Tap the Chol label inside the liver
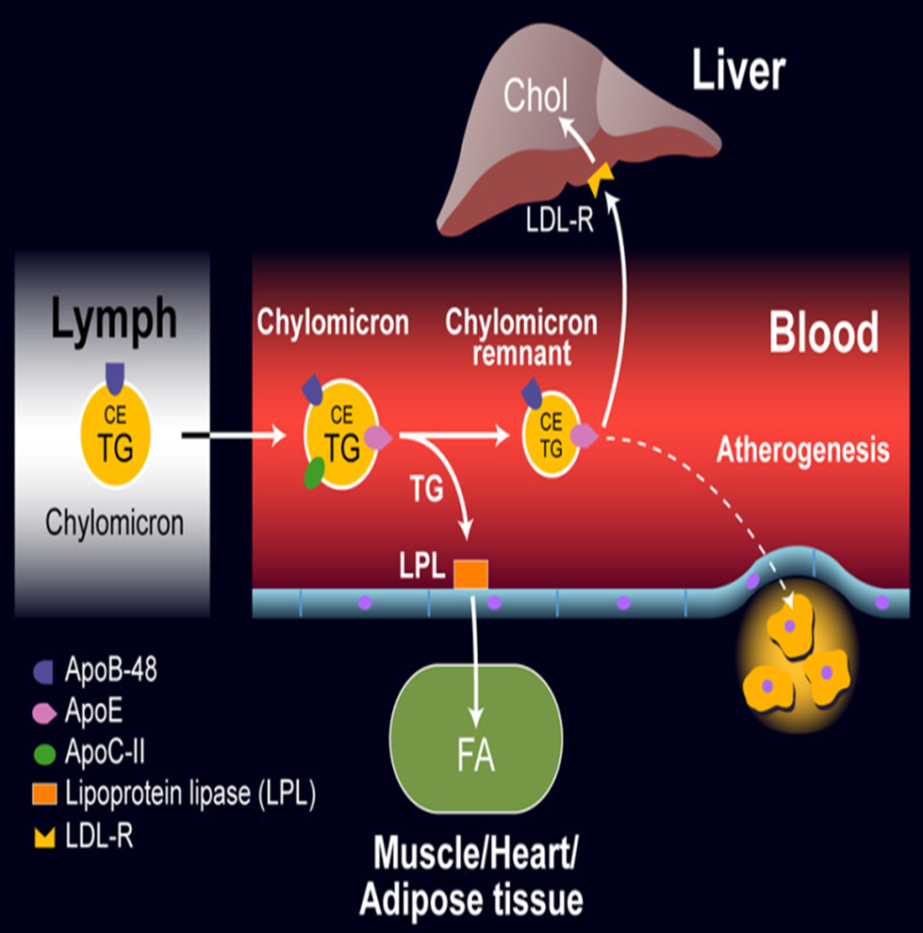tap(536, 97)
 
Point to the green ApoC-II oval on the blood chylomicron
tap(314, 473)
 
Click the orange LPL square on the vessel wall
tap(471, 575)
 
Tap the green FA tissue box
tap(476, 738)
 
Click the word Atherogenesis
tap(802, 450)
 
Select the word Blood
tap(824, 333)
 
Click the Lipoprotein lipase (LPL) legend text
tap(190, 794)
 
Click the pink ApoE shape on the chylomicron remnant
tap(583, 436)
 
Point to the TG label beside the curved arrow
tap(426, 489)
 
